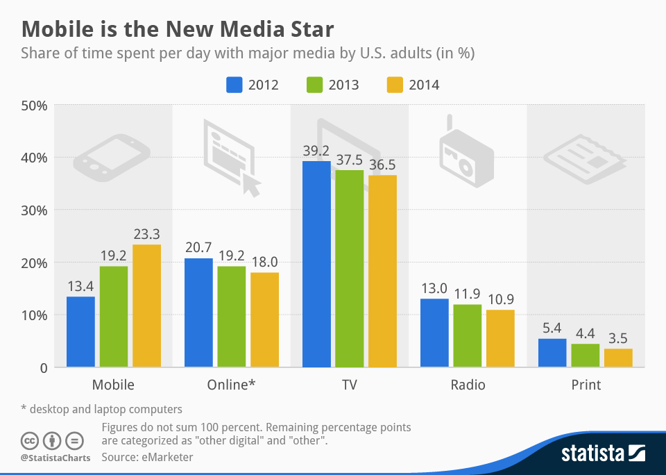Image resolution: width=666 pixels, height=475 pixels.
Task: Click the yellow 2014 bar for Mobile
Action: pos(146,306)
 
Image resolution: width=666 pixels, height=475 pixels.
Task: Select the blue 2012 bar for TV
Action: pos(316,264)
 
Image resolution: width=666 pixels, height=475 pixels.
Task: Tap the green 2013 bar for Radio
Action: pos(468,335)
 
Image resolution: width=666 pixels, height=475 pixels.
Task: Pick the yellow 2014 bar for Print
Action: pos(618,358)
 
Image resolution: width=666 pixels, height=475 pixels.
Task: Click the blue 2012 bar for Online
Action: pos(198,312)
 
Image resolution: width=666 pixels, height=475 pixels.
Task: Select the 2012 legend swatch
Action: pos(234,85)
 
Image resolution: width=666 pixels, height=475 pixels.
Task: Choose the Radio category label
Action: pos(468,385)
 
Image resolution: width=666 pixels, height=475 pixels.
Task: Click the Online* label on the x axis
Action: pos(232,385)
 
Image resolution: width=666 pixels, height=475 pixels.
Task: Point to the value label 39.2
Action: pos(316,149)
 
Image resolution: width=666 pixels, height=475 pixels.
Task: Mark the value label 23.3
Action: pos(146,233)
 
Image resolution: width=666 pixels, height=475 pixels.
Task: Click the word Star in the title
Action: pos(309,29)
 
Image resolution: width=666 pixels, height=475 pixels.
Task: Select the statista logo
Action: pos(602,454)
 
